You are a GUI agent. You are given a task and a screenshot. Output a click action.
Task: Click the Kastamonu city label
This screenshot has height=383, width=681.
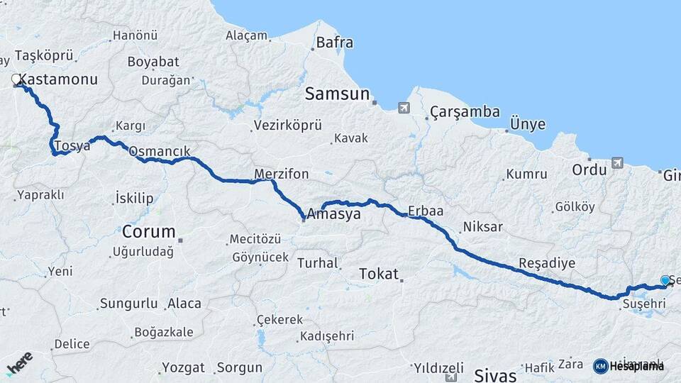[x=59, y=79]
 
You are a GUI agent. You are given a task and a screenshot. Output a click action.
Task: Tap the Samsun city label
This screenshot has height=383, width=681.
[x=338, y=94]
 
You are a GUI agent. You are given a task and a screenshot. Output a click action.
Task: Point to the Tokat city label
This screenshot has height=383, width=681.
[x=379, y=274]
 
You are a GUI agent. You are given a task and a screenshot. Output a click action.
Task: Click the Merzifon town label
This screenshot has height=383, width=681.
[x=282, y=174]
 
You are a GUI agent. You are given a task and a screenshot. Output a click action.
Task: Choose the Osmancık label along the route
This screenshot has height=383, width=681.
[x=159, y=151]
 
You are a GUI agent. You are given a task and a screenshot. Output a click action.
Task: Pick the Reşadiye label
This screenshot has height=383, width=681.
[x=547, y=263]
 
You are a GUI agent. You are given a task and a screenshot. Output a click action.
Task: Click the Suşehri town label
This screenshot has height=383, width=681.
[x=643, y=304]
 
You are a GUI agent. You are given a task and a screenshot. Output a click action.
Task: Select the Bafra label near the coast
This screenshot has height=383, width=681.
[x=334, y=43]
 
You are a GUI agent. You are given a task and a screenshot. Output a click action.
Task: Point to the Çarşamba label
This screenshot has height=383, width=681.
[x=465, y=112]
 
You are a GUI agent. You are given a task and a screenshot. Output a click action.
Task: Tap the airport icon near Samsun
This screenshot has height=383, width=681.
[x=404, y=108]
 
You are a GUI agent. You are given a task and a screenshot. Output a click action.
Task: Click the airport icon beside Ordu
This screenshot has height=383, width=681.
[x=616, y=163]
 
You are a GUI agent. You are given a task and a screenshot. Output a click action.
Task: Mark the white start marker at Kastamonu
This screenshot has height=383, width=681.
[x=16, y=81]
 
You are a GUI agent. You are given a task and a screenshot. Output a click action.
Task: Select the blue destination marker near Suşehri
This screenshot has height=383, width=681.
[x=665, y=281]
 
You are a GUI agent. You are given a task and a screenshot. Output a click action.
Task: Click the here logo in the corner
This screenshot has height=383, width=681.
[x=19, y=362]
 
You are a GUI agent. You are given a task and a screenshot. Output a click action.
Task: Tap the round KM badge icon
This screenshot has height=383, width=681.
[x=600, y=366]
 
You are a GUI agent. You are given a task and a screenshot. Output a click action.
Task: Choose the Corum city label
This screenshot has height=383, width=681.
[x=148, y=231]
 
